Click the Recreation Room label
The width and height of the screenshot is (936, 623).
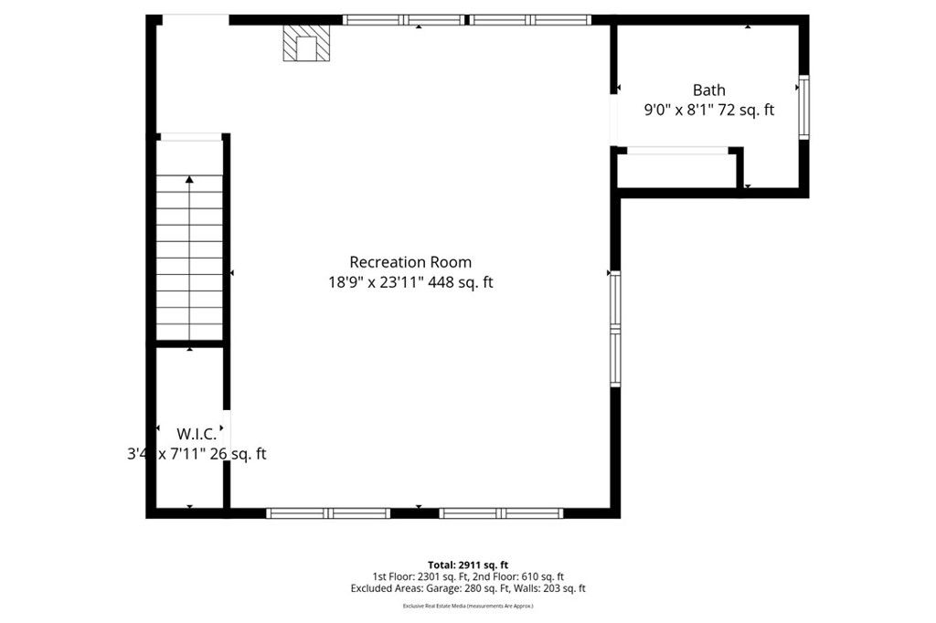[410, 262]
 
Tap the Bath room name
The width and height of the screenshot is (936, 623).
[708, 90]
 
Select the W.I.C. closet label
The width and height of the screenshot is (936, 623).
[197, 434]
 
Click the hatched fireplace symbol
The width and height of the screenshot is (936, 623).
[305, 43]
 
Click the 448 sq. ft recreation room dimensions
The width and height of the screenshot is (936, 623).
[410, 283]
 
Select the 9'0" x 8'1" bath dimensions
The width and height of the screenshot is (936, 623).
[708, 110]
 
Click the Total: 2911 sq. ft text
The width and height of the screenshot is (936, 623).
[468, 565]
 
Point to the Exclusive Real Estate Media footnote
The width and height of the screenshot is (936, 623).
[468, 606]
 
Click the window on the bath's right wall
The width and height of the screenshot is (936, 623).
[803, 108]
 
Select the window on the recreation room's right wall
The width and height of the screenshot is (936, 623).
[615, 329]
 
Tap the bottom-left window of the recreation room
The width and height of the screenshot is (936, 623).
[329, 513]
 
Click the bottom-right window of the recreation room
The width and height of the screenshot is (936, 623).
[502, 513]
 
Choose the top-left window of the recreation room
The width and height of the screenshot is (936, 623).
[404, 19]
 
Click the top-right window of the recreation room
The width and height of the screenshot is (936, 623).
[530, 19]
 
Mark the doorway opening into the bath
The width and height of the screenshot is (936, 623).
[614, 119]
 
